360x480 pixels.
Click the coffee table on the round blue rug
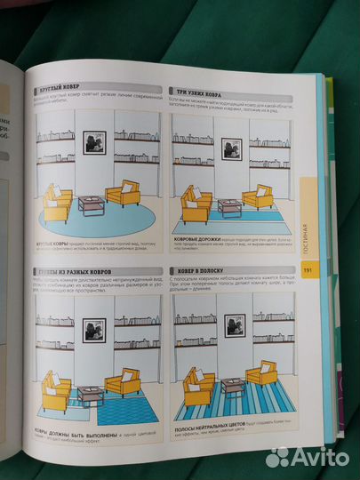(92, 205)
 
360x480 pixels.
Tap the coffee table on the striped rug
(233, 388)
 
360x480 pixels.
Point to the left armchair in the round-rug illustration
(58, 204)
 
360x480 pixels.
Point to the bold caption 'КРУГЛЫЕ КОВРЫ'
(55, 242)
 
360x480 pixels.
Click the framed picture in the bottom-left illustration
(94, 330)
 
